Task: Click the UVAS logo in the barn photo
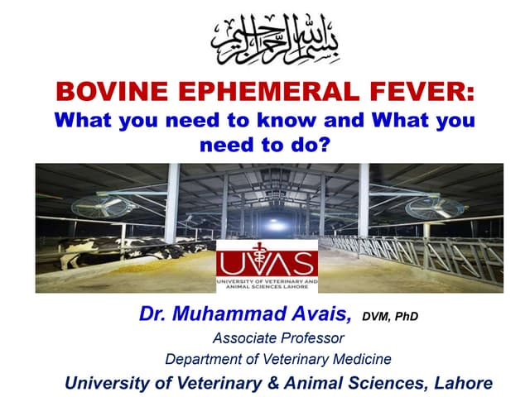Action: point(266,266)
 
